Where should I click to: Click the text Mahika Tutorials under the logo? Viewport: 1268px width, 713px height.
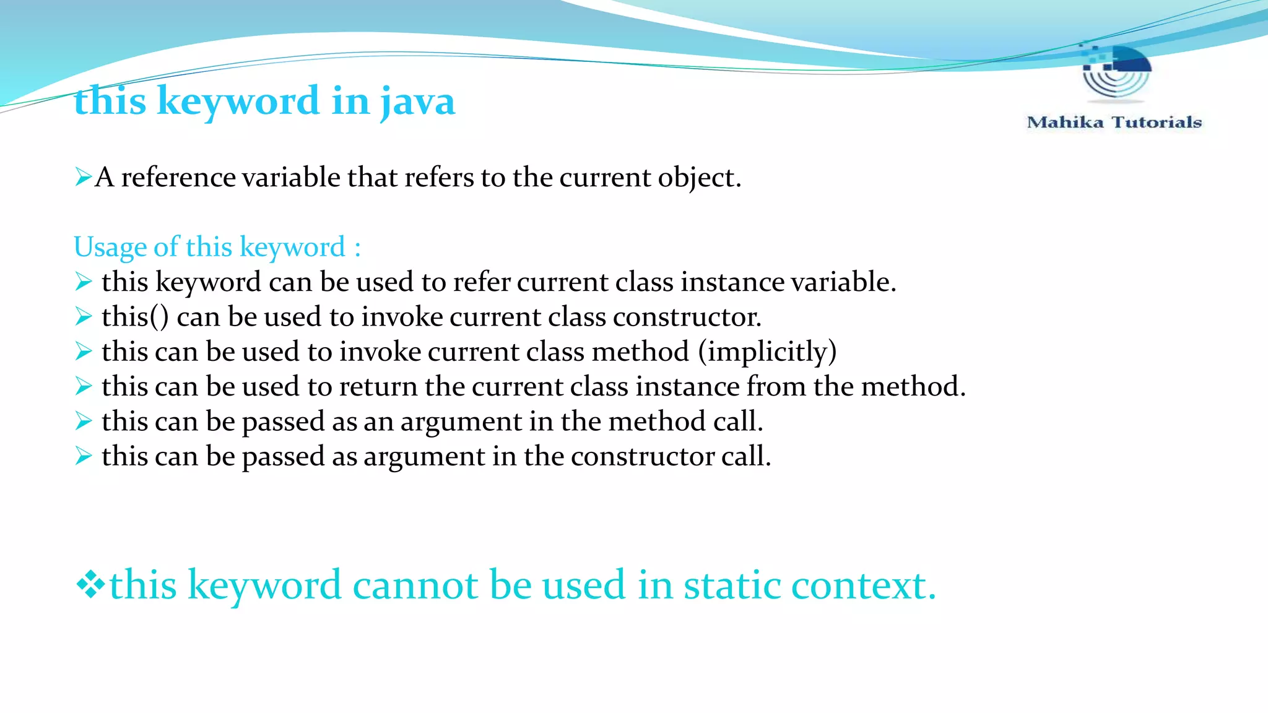(x=1114, y=122)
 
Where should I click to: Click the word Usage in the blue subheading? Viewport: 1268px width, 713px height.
(x=110, y=247)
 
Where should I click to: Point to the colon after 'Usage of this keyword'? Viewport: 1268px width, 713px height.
(x=357, y=248)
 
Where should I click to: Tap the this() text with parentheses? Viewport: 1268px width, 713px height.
(x=135, y=317)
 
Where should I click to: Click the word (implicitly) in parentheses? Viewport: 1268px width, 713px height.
(x=767, y=352)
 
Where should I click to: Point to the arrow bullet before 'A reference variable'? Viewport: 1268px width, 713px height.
(x=83, y=178)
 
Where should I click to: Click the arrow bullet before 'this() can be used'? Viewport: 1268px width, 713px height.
(x=83, y=317)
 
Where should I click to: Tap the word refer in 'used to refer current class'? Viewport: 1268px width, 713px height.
(x=481, y=282)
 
